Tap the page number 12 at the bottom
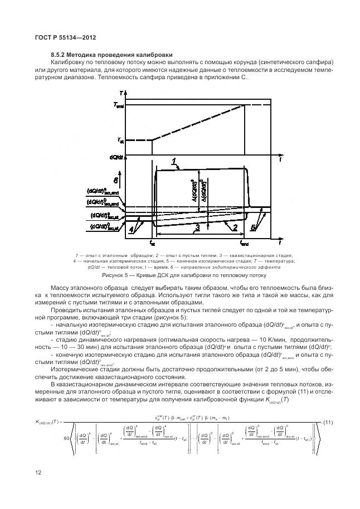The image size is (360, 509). pyautogui.click(x=37, y=473)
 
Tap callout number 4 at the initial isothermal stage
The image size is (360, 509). pyautogui.click(x=132, y=228)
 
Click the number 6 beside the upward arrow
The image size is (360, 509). pyautogui.click(x=115, y=181)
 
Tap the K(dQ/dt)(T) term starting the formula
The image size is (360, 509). pyautogui.click(x=51, y=422)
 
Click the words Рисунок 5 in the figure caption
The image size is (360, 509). pyautogui.click(x=116, y=275)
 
